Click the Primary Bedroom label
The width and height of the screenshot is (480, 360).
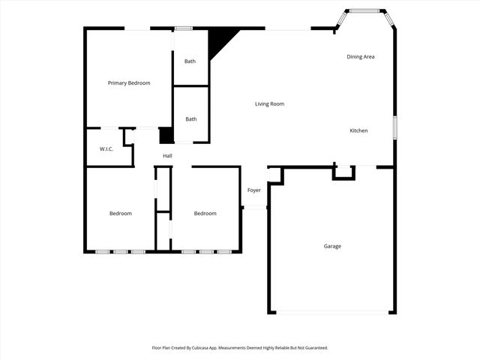coord(129,83)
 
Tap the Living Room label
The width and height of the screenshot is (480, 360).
coord(269,104)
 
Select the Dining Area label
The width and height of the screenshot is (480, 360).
coord(361,57)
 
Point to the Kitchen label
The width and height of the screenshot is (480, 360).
coord(358,131)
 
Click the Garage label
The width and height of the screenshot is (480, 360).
coord(332,246)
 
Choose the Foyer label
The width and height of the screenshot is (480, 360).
coord(254,190)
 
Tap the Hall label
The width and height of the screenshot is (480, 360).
coord(167,156)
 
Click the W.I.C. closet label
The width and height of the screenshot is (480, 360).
coord(106,149)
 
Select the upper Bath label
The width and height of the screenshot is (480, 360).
coord(190,61)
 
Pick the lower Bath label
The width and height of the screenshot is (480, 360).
coord(191,119)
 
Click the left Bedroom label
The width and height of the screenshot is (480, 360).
coord(121,214)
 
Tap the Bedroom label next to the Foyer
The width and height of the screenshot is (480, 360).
coord(205,214)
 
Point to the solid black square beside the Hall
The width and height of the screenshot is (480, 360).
coord(166,135)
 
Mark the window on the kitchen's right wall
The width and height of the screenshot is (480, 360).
coord(394,127)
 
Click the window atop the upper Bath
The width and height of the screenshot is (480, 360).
coord(183,29)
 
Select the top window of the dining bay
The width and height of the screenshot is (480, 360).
coord(366,10)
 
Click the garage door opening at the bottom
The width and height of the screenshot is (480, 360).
coord(332,312)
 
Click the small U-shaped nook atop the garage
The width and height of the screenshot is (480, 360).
coord(344,173)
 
